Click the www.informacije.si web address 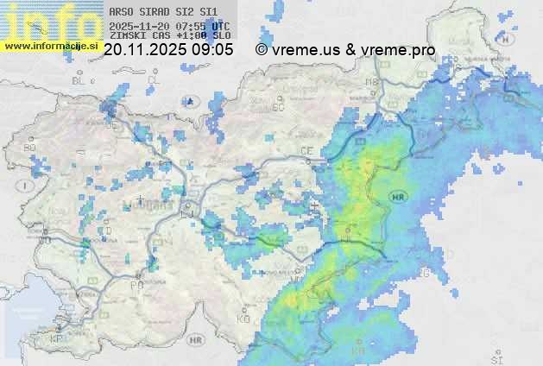(x=51, y=45)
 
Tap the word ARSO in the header (x=122, y=12)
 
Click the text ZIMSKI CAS (x=139, y=36)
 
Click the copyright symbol (x=261, y=50)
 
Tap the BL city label (x=79, y=80)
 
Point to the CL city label (x=154, y=80)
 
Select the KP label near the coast (x=57, y=339)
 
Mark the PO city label (x=136, y=284)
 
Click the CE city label (x=306, y=151)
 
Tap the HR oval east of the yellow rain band (x=398, y=196)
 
